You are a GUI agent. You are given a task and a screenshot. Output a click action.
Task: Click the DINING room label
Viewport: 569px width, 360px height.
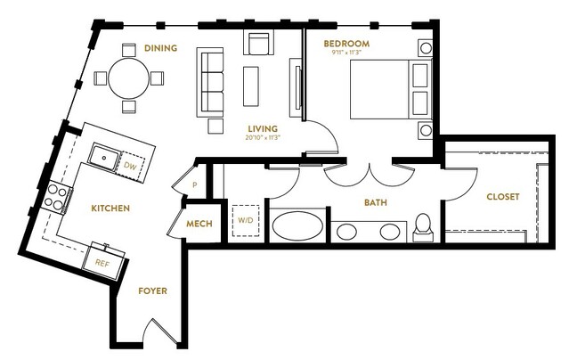[161, 48]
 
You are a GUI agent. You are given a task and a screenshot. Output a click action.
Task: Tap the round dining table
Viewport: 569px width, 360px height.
[129, 78]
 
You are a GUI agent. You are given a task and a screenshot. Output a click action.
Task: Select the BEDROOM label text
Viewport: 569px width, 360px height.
[346, 44]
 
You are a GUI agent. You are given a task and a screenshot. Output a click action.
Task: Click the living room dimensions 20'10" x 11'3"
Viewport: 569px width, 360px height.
[263, 138]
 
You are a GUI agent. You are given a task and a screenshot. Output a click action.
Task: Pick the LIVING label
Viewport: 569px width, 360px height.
[263, 128]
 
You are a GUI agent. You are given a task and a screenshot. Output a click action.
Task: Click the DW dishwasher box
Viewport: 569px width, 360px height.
[130, 166]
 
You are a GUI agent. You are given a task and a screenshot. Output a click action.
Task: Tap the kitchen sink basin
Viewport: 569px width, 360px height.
[104, 158]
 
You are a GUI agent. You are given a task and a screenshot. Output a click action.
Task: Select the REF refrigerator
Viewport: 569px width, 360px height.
[102, 263]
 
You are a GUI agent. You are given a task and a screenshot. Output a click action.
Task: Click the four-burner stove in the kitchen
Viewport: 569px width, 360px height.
[56, 197]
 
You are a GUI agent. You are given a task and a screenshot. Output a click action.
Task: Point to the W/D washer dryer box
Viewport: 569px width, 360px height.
[246, 220]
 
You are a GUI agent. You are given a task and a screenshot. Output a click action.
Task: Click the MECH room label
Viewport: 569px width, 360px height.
[199, 224]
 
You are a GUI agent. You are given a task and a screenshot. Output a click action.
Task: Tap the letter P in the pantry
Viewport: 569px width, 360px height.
[195, 185]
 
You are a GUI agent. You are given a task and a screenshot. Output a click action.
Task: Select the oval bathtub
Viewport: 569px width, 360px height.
[297, 226]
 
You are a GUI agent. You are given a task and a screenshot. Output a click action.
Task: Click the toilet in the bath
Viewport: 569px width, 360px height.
[423, 227]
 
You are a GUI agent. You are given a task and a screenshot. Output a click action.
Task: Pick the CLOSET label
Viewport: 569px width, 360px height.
[502, 197]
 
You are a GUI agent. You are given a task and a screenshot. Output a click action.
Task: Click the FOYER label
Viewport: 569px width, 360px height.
[153, 291]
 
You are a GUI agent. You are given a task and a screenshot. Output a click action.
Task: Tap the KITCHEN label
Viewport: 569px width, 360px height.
[110, 209]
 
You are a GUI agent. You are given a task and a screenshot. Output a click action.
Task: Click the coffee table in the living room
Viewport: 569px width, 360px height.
[251, 86]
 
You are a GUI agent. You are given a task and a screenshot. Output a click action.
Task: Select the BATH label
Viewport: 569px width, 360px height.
[376, 202]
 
